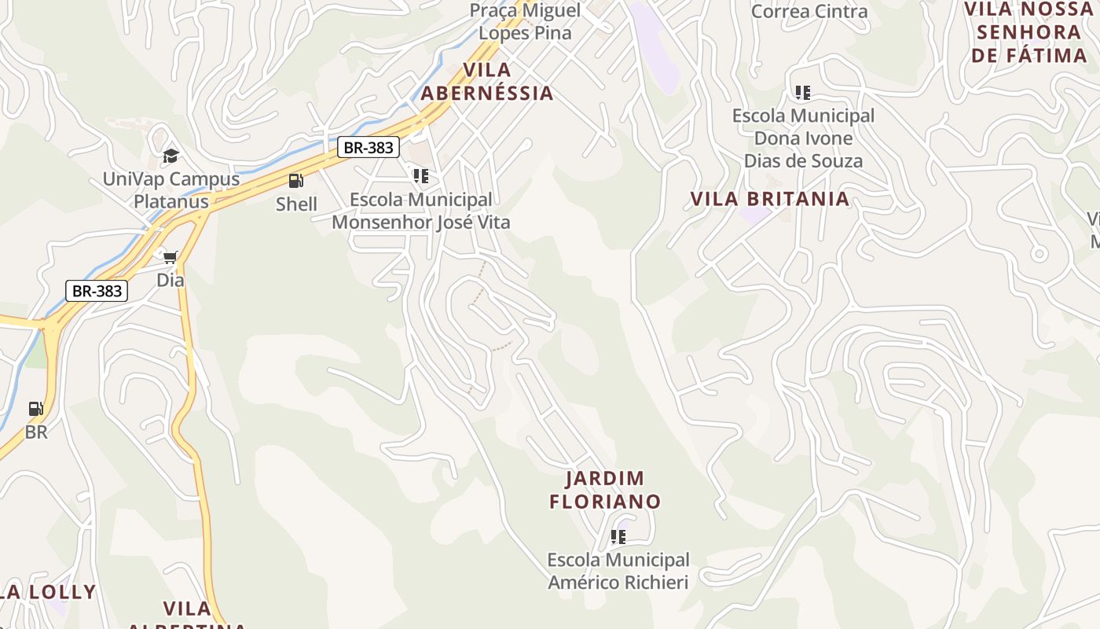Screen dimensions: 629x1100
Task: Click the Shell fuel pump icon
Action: [x=295, y=181]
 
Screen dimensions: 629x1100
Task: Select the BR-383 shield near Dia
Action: [x=96, y=291]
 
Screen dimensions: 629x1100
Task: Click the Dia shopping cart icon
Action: [x=170, y=257]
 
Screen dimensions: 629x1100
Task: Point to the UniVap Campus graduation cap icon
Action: [x=170, y=156]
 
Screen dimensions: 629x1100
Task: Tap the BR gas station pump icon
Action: [x=35, y=409]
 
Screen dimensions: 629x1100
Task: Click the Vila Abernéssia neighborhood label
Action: [x=487, y=82]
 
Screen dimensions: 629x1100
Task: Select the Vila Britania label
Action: [x=770, y=199]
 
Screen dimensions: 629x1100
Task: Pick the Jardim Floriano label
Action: [x=605, y=490]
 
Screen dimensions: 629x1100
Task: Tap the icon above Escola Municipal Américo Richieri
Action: [x=618, y=537]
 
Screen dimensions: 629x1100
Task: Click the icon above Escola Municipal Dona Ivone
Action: [x=802, y=93]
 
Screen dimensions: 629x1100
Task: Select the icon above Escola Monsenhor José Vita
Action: [x=421, y=176]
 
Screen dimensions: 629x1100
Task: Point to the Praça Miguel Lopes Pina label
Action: [x=525, y=22]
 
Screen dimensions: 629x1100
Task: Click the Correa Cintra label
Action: [x=809, y=11]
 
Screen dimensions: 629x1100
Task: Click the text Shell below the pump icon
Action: [x=296, y=204]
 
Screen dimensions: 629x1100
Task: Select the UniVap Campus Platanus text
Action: [x=171, y=190]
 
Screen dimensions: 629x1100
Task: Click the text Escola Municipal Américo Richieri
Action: [x=618, y=572]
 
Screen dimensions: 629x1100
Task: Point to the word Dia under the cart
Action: [x=170, y=280]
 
